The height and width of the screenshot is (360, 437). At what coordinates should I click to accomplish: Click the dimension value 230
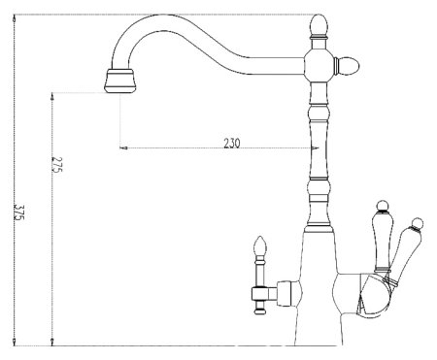pos(232,143)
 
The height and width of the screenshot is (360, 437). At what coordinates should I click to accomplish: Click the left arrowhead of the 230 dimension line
pos(122,148)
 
